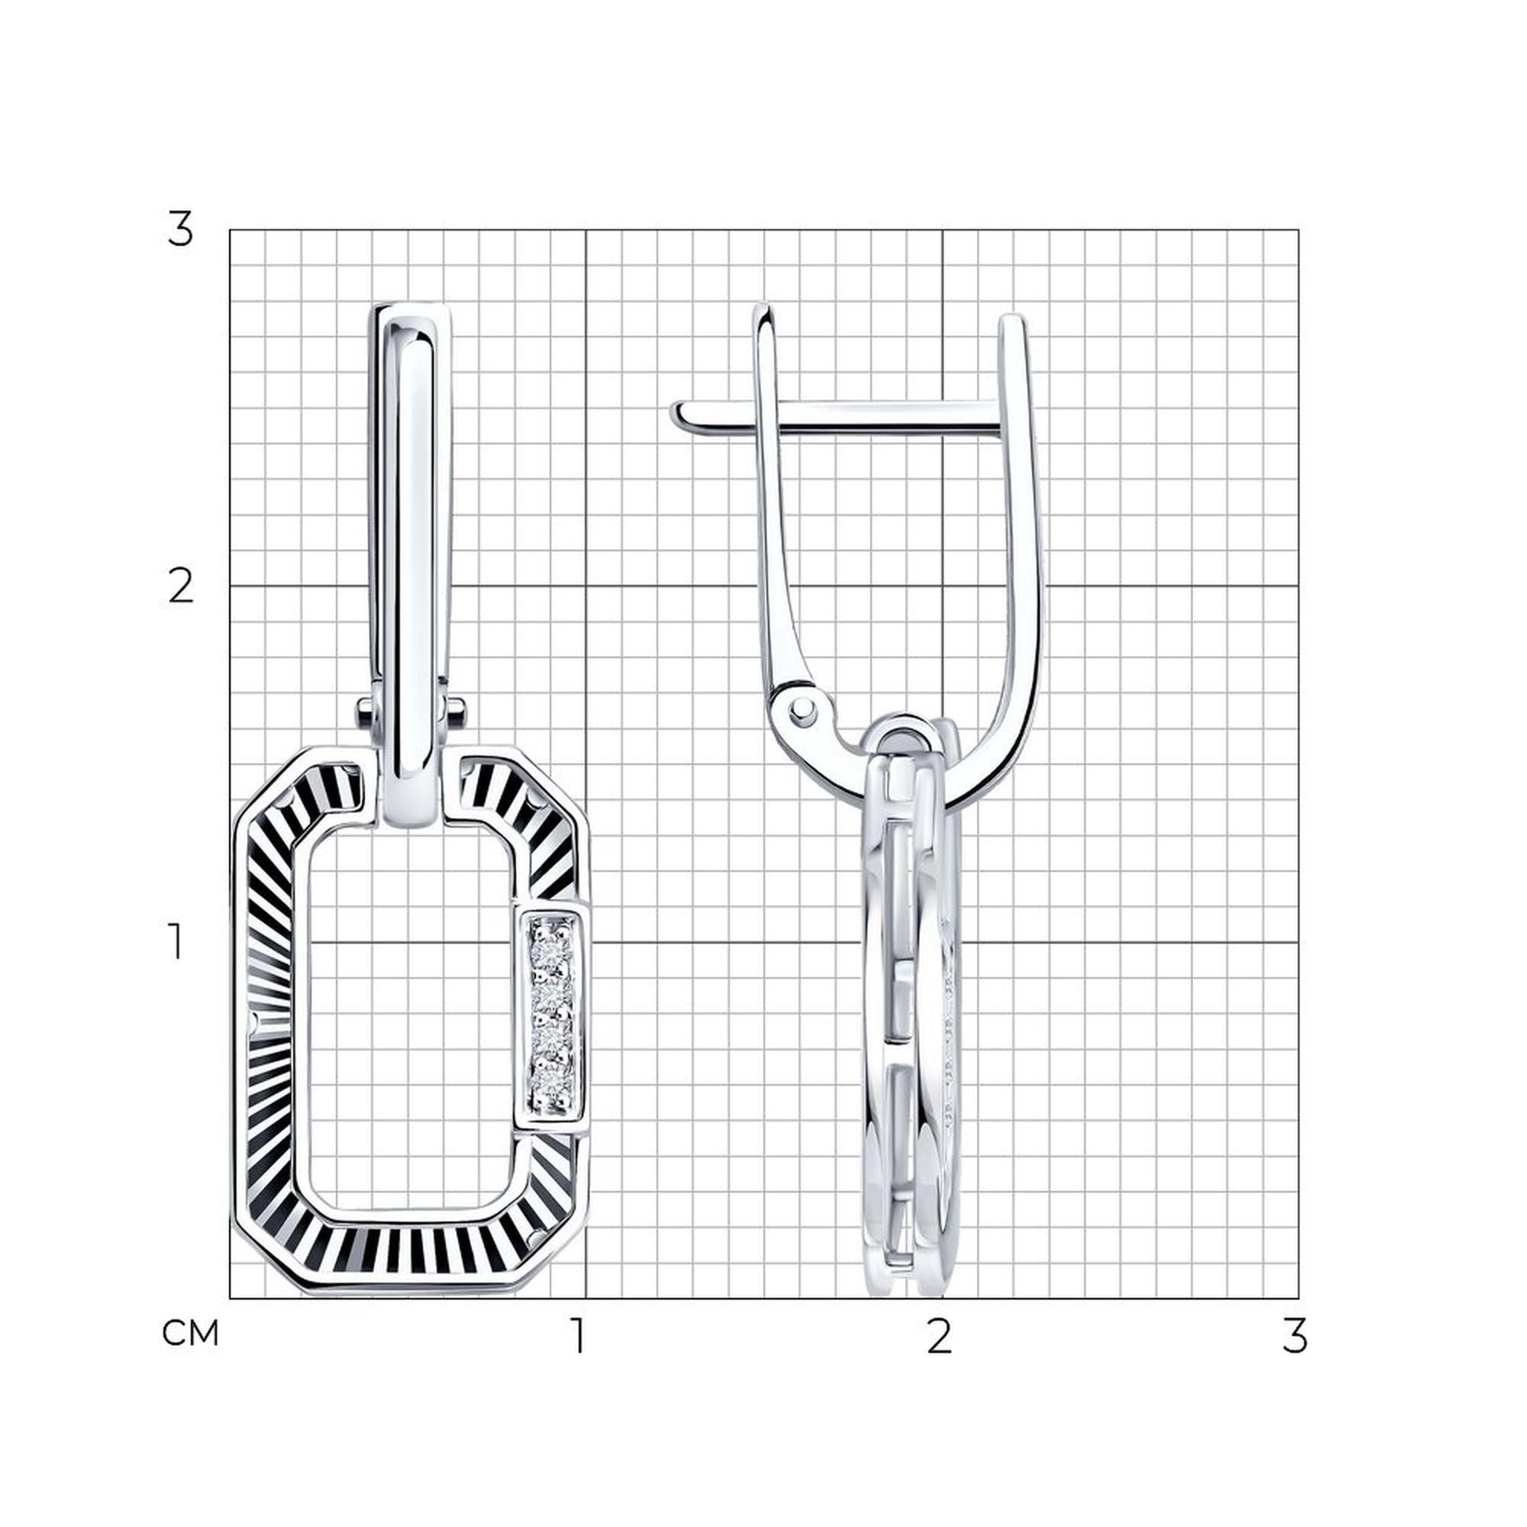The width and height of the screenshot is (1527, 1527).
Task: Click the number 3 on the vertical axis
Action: point(180,231)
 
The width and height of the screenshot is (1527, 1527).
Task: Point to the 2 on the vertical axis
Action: point(181,587)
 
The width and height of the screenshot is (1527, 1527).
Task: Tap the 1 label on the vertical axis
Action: point(177,943)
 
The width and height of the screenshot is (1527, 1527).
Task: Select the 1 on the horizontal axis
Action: point(580,1335)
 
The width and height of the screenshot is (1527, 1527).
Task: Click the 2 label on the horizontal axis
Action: point(938,1335)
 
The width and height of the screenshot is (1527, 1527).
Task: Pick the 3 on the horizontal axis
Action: point(1295,1335)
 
